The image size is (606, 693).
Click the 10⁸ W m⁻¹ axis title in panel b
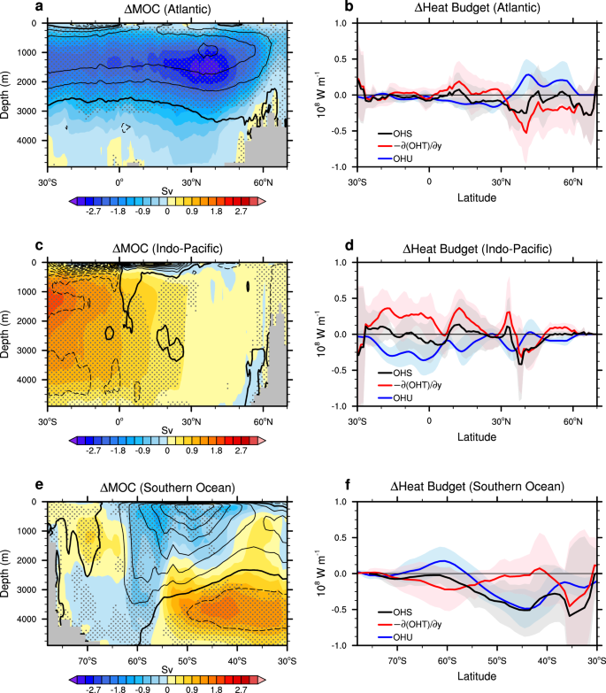click(321, 94)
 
